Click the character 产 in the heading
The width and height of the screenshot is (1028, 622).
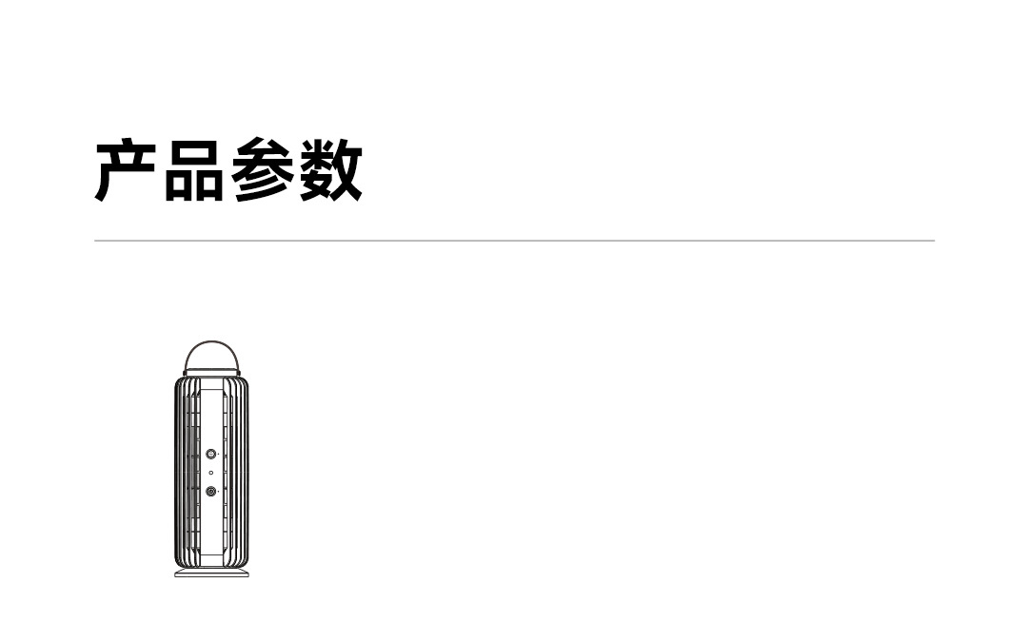[x=128, y=171]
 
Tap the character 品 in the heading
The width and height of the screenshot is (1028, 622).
[x=195, y=171]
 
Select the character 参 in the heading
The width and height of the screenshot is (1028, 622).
[x=263, y=171]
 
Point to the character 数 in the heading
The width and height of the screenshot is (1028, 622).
[x=330, y=171]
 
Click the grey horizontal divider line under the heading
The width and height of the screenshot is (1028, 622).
[x=514, y=241]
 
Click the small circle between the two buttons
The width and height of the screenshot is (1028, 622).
[x=211, y=473]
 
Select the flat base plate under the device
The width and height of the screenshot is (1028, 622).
[x=211, y=573]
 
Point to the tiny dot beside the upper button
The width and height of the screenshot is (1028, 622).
[x=220, y=456]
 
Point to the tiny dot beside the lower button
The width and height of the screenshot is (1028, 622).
[x=220, y=492]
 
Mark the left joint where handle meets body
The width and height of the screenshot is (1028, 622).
[x=186, y=372]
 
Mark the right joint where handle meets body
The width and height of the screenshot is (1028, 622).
[x=238, y=372]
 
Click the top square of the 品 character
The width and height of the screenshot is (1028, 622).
[x=195, y=152]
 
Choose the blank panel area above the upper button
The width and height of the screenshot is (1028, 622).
[x=211, y=418]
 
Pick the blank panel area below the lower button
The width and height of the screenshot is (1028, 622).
[x=211, y=528]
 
